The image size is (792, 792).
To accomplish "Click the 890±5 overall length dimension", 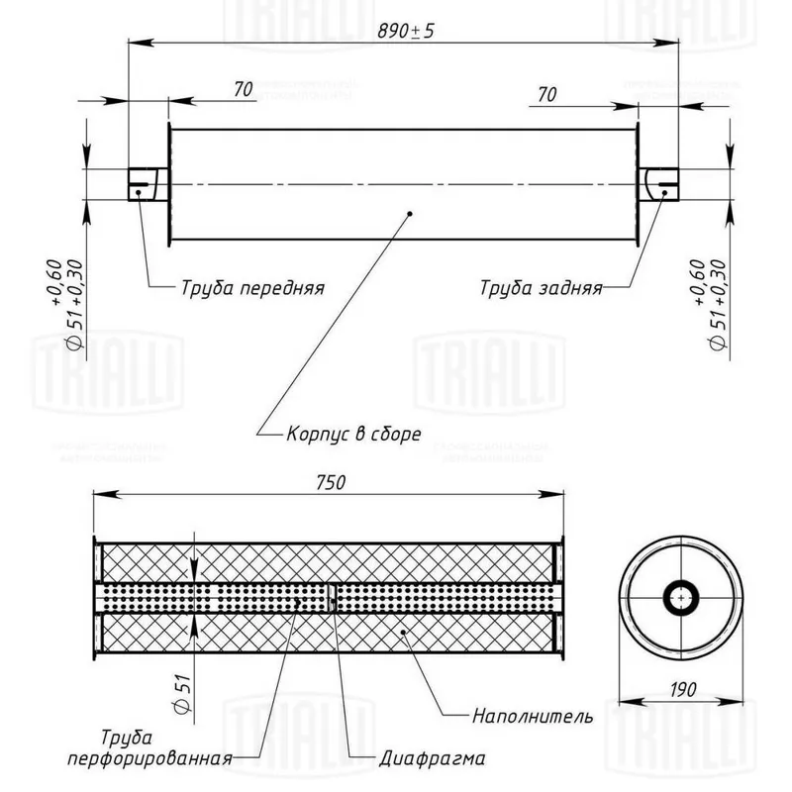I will pyautogui.click(x=406, y=31).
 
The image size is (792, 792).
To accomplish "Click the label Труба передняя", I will pyautogui.click(x=252, y=289).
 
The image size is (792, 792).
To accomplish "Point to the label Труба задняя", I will pyautogui.click(x=541, y=289).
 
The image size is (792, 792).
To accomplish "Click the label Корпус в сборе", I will pyautogui.click(x=353, y=434).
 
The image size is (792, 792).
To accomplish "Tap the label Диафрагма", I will pyautogui.click(x=433, y=760).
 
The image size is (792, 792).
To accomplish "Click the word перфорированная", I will pyautogui.click(x=149, y=760).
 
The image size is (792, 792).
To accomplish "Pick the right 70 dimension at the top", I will pyautogui.click(x=545, y=95).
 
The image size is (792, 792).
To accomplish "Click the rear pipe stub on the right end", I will pyautogui.click(x=658, y=183).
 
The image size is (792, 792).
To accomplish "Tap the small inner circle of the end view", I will pyautogui.click(x=680, y=597).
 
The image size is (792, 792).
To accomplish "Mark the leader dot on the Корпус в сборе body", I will pyautogui.click(x=410, y=212).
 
